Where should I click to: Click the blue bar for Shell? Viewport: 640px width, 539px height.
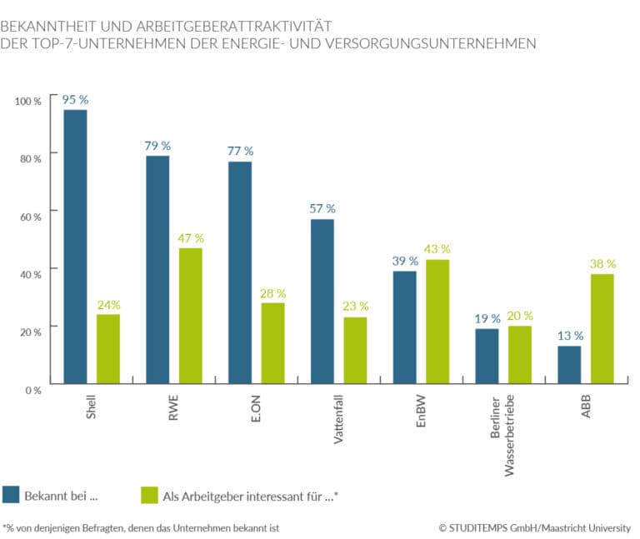tap(75, 247)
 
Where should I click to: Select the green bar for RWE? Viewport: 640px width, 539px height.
tap(190, 316)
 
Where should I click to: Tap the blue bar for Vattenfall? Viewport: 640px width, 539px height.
tap(322, 301)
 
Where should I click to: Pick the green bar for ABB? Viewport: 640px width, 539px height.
tap(602, 328)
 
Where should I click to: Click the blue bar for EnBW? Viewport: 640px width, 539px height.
tap(404, 327)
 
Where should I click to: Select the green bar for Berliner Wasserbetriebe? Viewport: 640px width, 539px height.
tap(519, 354)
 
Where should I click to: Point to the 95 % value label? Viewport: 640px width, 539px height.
tap(75, 100)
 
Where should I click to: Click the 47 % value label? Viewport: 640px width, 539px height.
tap(191, 238)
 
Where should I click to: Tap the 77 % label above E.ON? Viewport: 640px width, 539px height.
tap(240, 151)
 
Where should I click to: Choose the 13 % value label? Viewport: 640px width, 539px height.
tap(570, 336)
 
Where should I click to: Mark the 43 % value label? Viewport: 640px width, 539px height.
tap(437, 249)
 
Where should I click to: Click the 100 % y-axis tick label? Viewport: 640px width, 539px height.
tap(27, 101)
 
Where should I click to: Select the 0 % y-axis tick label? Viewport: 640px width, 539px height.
tap(31, 388)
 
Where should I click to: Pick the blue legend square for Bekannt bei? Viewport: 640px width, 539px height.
tap(11, 495)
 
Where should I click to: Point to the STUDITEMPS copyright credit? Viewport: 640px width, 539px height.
tap(534, 527)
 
